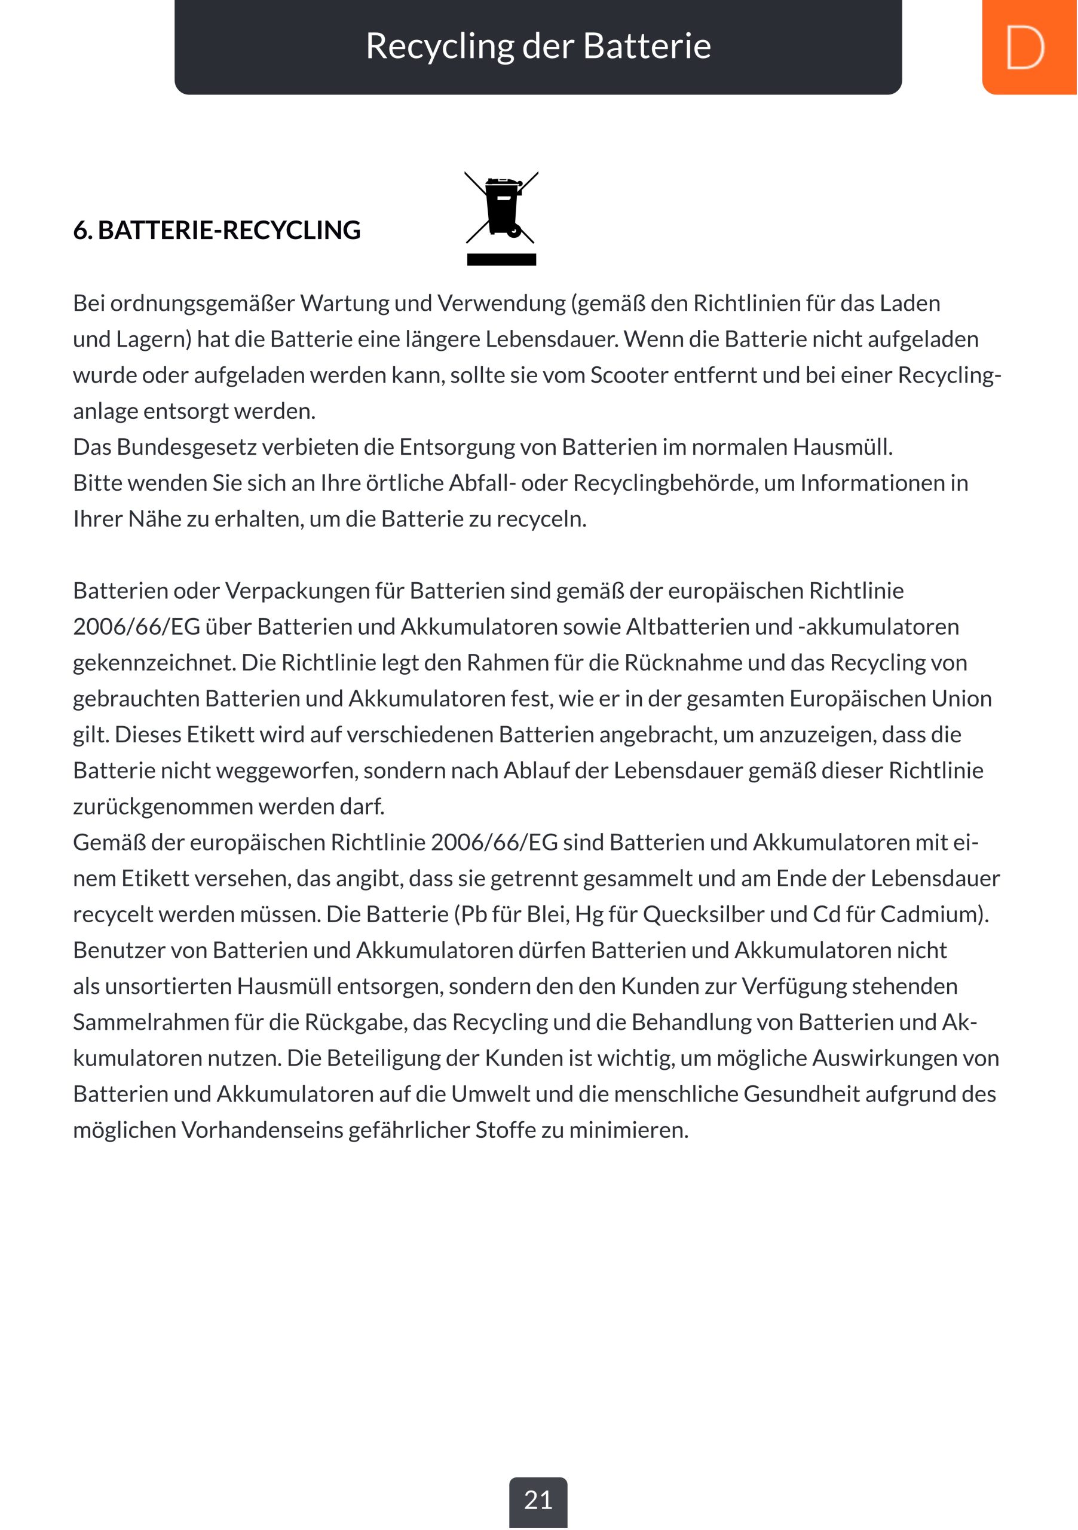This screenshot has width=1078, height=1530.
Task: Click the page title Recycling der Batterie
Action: pyautogui.click(x=538, y=46)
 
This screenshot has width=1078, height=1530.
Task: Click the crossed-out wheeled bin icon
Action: pyautogui.click(x=502, y=207)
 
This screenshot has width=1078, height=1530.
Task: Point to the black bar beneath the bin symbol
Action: pyautogui.click(x=502, y=260)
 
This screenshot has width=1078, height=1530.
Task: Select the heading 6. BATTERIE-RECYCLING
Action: pyautogui.click(x=216, y=231)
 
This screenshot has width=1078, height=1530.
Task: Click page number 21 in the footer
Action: pyautogui.click(x=538, y=1501)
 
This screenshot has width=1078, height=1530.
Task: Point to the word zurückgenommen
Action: pyautogui.click(x=163, y=807)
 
